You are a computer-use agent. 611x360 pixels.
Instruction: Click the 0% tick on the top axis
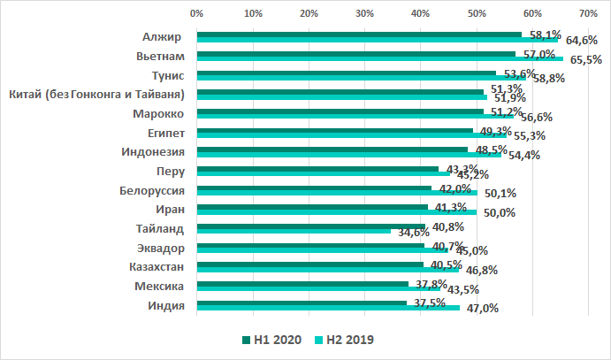pos(197,14)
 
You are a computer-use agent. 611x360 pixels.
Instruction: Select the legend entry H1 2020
pos(273,340)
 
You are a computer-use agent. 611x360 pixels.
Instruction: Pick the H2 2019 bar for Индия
pos(327,309)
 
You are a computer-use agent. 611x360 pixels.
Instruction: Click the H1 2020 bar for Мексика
pos(302,284)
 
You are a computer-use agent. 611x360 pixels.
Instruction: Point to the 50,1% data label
pos(497,193)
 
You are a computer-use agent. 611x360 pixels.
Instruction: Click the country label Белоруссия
pos(151,190)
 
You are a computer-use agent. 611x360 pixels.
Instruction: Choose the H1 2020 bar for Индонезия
pos(332,149)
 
